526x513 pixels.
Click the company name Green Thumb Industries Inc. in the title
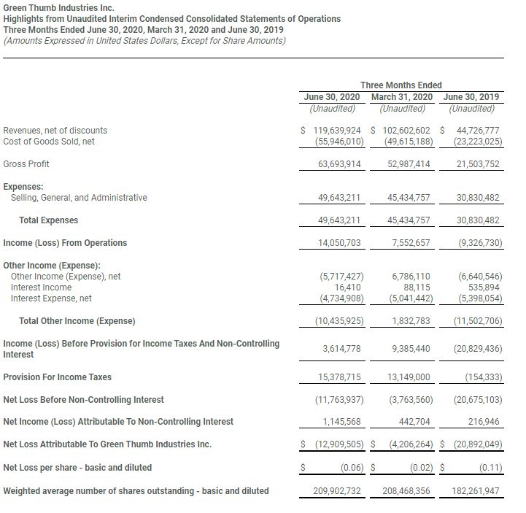point(59,7)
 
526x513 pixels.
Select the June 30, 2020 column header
point(332,97)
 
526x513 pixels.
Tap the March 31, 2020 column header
point(401,97)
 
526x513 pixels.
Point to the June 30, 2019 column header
point(471,97)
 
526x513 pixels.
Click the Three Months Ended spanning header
point(401,85)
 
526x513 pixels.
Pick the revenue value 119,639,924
point(336,130)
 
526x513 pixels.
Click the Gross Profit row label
point(26,164)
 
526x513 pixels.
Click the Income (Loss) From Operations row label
point(65,243)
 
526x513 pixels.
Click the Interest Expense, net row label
point(51,298)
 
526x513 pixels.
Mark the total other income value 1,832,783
point(411,321)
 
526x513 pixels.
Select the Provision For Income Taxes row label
point(58,377)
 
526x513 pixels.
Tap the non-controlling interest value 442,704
point(414,422)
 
